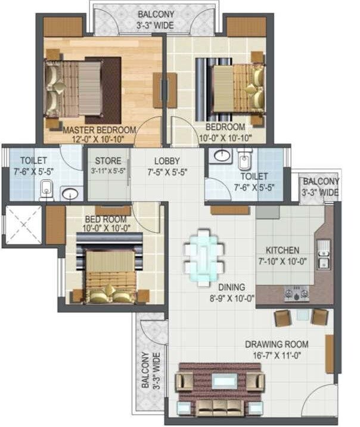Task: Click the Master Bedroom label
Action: tap(100, 129)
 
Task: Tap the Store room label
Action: tap(108, 161)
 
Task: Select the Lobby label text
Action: tap(167, 161)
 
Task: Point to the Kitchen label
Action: tap(283, 251)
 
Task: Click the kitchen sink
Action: tap(324, 255)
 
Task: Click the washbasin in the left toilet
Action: tap(70, 194)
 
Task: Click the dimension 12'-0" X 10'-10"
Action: tap(100, 139)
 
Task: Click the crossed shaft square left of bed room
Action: tap(23, 225)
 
